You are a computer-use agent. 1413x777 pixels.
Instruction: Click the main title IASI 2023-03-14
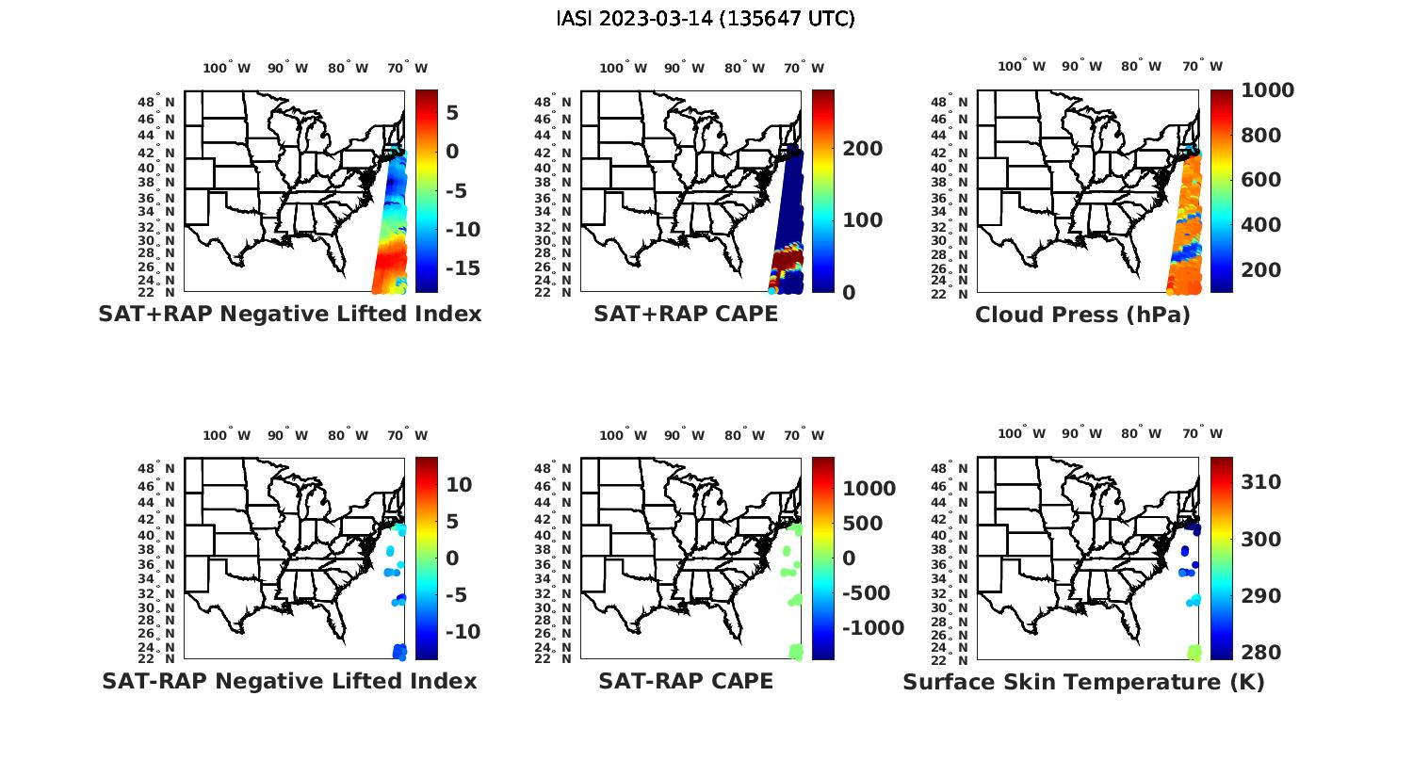(x=706, y=19)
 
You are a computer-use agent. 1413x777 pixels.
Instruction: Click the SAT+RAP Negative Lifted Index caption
(x=290, y=314)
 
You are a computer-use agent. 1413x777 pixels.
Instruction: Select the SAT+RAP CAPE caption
(x=686, y=314)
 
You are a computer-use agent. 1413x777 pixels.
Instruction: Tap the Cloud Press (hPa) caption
(x=1082, y=315)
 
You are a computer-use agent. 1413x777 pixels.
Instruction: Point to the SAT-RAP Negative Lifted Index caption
(x=289, y=681)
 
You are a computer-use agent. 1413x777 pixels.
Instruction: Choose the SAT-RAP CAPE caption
(x=686, y=681)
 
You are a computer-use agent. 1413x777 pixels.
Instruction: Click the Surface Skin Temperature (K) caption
(x=1083, y=682)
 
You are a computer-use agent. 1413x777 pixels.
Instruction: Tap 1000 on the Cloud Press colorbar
(x=1267, y=90)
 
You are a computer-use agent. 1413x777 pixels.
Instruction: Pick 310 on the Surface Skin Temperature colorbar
(x=1261, y=482)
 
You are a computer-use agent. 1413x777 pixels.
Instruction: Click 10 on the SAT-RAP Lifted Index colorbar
(x=459, y=485)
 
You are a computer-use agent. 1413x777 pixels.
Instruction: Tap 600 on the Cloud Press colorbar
(x=1261, y=180)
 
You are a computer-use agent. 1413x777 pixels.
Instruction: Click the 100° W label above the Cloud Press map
(x=1022, y=66)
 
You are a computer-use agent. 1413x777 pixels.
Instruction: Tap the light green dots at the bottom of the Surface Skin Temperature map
(x=1194, y=651)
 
